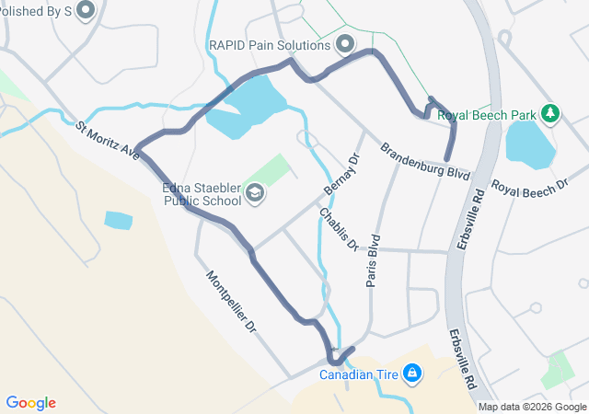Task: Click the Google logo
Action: tap(31, 402)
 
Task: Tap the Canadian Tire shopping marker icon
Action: tap(413, 374)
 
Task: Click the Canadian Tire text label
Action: tap(360, 374)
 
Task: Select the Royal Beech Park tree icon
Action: tap(550, 114)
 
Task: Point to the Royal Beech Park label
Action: tap(486, 115)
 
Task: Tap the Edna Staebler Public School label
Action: tap(202, 194)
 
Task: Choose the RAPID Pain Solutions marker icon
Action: tap(346, 44)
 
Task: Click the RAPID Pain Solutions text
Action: tap(269, 45)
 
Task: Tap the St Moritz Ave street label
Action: tap(108, 142)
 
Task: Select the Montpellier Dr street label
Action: tap(231, 302)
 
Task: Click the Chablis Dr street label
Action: tap(339, 229)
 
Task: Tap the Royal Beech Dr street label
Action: tap(529, 187)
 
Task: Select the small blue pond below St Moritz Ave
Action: tap(118, 220)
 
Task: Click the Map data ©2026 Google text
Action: tap(532, 407)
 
